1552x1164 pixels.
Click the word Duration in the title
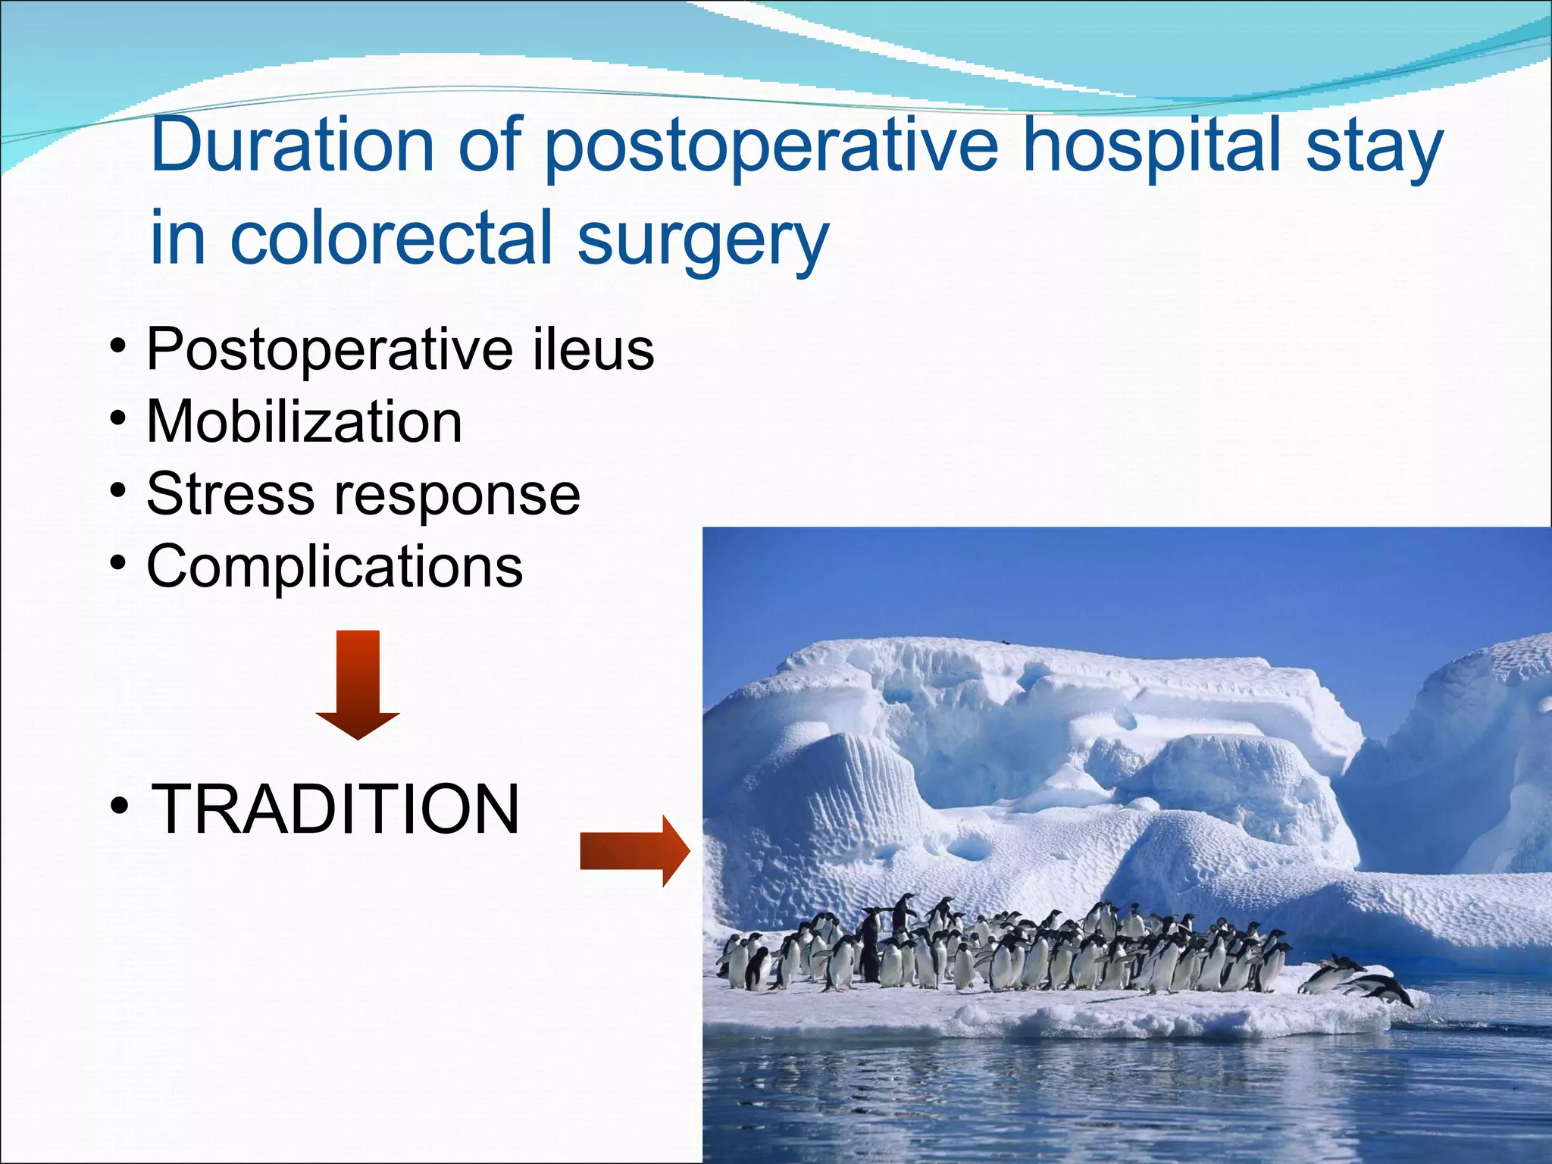coord(293,145)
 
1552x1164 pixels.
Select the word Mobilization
coord(304,421)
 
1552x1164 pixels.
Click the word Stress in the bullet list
coord(230,494)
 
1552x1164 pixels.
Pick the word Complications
coord(334,567)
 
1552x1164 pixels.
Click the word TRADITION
coord(336,809)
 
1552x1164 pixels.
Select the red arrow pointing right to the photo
coord(635,851)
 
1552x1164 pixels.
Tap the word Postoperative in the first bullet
coord(327,351)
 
